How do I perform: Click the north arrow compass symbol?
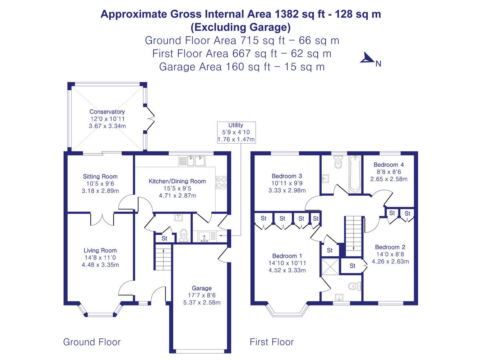[x=367, y=58]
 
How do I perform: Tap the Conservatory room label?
[x=107, y=112]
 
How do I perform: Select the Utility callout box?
[x=236, y=132]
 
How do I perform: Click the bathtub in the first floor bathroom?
[x=355, y=174]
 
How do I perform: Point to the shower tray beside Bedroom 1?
[x=330, y=267]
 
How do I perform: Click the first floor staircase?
[x=353, y=234]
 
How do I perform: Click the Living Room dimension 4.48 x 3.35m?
[x=100, y=265]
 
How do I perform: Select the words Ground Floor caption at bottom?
[x=92, y=342]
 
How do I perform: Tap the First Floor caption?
[x=272, y=342]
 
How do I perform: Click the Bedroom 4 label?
[x=388, y=165]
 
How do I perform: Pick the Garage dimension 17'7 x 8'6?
[x=201, y=295]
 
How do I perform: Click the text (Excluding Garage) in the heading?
[x=240, y=27]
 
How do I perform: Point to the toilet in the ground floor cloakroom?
[x=184, y=235]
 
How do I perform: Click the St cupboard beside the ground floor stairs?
[x=164, y=238]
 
